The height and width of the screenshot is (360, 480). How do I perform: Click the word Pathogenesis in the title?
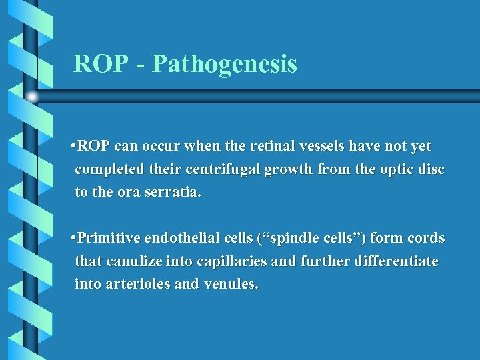pos(225,65)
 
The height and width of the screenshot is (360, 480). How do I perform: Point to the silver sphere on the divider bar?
pos(31,96)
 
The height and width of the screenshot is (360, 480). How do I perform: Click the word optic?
pos(377,169)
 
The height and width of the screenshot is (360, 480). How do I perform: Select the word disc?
pos(430,169)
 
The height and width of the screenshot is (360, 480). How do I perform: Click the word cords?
pos(426,239)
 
